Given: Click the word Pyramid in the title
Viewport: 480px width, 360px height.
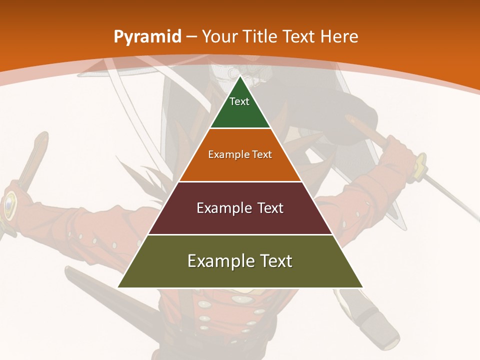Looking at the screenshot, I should [x=147, y=37].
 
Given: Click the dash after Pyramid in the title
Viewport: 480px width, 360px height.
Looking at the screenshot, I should [x=191, y=37].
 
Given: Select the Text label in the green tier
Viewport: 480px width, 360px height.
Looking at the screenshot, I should [x=239, y=101].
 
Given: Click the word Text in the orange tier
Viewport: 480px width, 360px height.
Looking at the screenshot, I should [x=262, y=154].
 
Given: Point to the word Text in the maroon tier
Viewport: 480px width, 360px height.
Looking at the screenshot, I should [x=270, y=208].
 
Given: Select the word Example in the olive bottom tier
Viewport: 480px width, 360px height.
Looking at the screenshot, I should [x=219, y=261].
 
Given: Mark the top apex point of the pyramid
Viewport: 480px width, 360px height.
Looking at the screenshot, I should [x=240, y=76].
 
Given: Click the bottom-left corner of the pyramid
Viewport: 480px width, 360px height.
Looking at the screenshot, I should [x=118, y=287].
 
